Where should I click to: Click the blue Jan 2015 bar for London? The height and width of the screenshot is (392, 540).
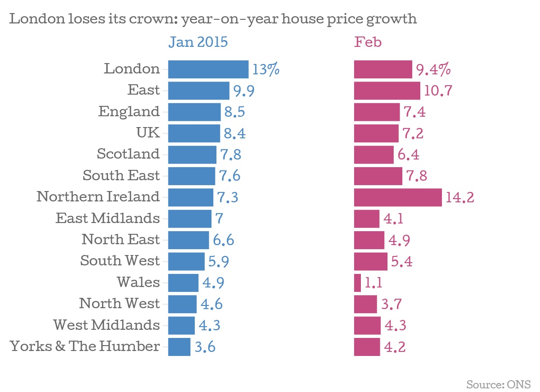[x=208, y=69]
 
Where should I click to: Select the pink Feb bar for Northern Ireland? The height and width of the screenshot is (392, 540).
[x=398, y=197]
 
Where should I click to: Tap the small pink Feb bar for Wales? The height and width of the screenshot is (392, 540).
[x=357, y=283]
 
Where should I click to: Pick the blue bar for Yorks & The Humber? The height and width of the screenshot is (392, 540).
[x=179, y=347]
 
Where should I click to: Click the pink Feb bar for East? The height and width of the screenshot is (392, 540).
[x=387, y=91]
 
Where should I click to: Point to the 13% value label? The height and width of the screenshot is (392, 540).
[x=266, y=70]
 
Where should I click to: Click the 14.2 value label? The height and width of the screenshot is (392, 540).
[x=460, y=197]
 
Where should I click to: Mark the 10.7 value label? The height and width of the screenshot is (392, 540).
[x=438, y=91]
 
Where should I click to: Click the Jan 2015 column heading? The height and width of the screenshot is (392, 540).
[x=198, y=42]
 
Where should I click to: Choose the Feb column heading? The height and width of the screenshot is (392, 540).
[x=368, y=42]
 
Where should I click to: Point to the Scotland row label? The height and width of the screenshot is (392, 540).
[x=128, y=154]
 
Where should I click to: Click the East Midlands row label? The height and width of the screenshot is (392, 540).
[x=108, y=219]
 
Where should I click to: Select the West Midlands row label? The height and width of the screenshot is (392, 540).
[x=106, y=325]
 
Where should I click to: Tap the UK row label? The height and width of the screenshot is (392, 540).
[x=148, y=133]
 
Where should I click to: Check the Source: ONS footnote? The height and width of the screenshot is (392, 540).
[x=498, y=384]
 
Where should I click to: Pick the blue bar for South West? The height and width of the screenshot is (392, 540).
[x=186, y=261]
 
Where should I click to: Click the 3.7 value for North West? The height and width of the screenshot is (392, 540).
[x=391, y=304]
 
